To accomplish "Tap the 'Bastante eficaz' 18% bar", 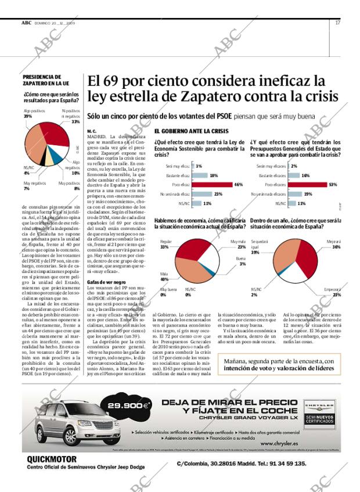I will [x=199, y=175].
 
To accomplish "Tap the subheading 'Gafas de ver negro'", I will [x=107, y=282].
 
